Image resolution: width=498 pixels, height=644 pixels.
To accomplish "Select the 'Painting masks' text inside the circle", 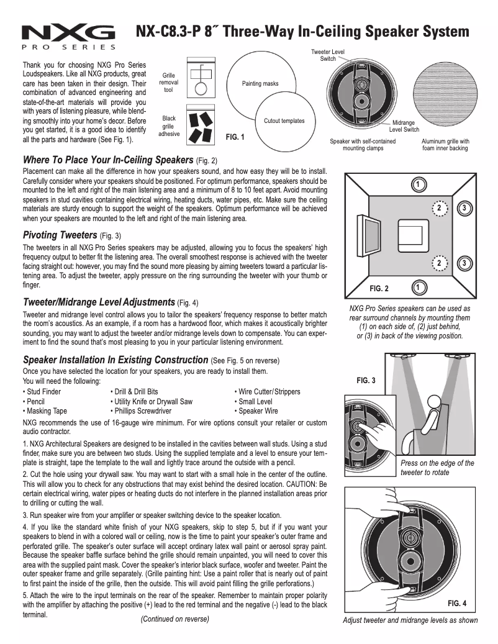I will click(x=260, y=84).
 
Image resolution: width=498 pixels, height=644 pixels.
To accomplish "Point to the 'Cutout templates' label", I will click(x=284, y=120).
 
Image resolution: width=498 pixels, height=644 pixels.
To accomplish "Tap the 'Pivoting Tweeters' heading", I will click(x=60, y=235).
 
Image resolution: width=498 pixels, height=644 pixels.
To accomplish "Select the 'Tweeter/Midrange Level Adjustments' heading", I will click(x=99, y=302).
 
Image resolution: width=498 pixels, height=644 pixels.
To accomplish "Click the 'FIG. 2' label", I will click(x=379, y=289).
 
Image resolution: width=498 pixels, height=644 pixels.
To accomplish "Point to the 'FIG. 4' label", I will click(x=456, y=603).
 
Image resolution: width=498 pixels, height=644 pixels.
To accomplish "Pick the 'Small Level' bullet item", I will click(x=255, y=401).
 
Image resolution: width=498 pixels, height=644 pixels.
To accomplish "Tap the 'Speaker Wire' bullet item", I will click(x=258, y=411).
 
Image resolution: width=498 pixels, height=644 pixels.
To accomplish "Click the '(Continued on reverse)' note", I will click(x=174, y=619).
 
